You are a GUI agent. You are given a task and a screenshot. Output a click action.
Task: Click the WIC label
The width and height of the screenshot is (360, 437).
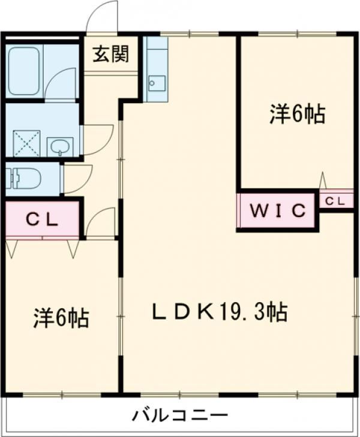(278, 210)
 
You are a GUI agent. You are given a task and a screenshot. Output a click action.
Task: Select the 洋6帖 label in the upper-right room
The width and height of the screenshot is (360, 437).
(297, 113)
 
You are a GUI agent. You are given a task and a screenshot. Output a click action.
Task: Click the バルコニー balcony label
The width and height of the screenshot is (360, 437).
(180, 415)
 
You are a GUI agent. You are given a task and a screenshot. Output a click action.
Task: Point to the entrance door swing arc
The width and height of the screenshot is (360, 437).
(101, 17)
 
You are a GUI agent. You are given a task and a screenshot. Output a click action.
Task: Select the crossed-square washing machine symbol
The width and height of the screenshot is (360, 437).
(26, 144)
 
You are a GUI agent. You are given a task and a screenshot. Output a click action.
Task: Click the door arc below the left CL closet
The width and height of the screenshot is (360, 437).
(101, 222)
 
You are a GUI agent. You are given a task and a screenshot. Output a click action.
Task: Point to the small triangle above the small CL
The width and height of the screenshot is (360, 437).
(322, 180)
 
